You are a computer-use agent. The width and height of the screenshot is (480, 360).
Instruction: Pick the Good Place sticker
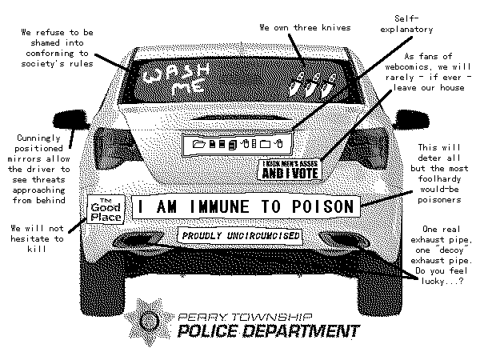coord(104,210)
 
